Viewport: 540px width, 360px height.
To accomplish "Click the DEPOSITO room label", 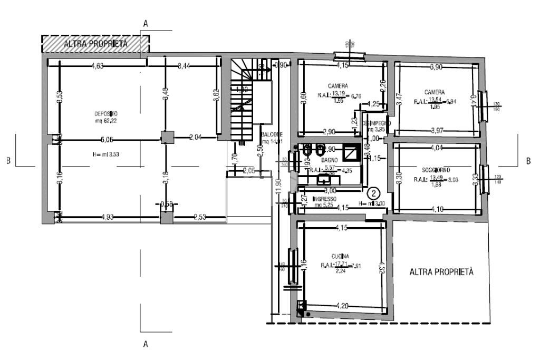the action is [x=105, y=113].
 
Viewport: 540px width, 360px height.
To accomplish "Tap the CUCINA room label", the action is [x=337, y=256].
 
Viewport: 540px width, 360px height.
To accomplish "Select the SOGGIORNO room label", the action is [x=436, y=170].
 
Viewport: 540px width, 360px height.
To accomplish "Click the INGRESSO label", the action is [x=324, y=199].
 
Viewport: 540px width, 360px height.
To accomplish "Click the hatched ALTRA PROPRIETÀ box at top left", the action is [x=95, y=44].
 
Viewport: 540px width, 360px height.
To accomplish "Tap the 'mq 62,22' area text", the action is [x=105, y=121].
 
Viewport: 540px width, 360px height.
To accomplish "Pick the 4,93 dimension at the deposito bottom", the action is [x=108, y=217].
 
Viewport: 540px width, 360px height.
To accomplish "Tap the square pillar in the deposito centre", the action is [x=167, y=139].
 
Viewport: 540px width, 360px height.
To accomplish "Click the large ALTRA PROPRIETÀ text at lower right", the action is [x=442, y=273].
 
